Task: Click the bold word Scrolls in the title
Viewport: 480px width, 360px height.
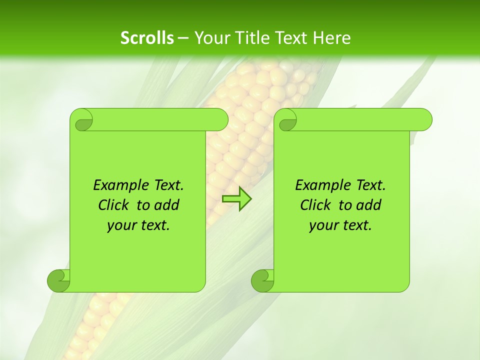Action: point(147,38)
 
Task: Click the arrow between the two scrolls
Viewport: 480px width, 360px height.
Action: point(236,199)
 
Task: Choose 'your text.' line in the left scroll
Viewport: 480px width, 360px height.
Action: point(138,225)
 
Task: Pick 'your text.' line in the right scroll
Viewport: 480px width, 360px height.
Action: point(340,225)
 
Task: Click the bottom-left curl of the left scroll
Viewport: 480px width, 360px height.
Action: point(58,280)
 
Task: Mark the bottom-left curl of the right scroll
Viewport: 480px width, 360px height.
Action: point(262,280)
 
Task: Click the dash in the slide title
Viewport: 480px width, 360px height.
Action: point(183,38)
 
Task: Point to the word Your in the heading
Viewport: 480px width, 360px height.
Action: point(209,38)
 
